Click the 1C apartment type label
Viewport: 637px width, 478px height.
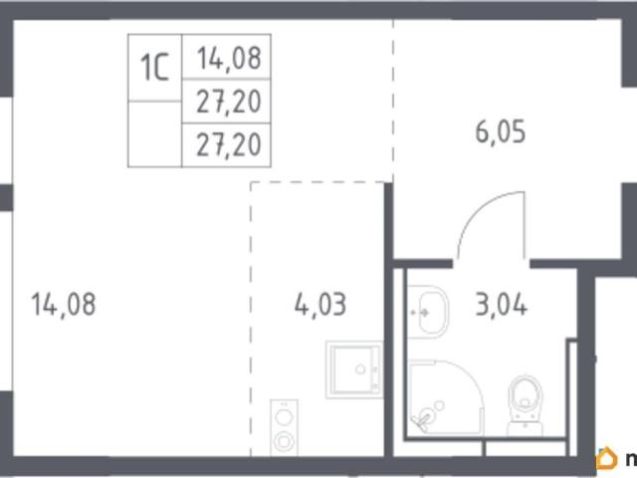154,68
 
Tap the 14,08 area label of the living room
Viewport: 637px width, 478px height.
64,305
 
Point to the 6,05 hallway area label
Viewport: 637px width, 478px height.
501,131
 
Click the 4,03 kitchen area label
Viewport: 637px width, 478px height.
320,305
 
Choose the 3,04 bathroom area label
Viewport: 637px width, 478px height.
502,305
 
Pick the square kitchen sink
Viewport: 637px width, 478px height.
354,369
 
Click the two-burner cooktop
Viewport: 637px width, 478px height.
284,427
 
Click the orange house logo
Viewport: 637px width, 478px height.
605,458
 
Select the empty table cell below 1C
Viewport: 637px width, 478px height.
155,134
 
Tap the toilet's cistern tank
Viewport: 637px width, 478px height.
526,427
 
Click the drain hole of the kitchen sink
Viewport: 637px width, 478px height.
360,369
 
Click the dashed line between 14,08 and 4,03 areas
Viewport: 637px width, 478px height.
251,319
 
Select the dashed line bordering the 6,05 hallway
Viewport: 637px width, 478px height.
393,101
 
